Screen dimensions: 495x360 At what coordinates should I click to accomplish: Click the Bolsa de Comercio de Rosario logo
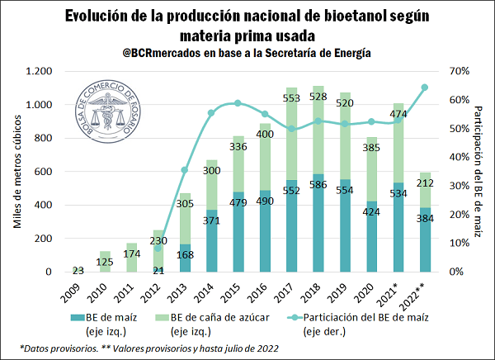pos(108,112)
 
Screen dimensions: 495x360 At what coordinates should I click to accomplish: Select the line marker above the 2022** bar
pos(425,88)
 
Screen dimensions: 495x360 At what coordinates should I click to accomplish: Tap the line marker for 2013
pos(185,170)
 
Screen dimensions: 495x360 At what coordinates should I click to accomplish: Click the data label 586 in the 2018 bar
pos(318,185)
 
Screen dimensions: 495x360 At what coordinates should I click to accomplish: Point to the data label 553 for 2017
pos(291,98)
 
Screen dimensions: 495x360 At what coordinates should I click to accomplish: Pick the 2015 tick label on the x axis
pos(233,293)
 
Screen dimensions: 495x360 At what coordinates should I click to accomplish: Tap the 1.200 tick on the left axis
pos(39,71)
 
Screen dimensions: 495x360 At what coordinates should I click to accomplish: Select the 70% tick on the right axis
pos(460,71)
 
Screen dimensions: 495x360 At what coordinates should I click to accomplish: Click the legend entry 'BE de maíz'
pos(104,324)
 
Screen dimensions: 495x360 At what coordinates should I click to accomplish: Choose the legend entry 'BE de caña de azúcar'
pos(213,324)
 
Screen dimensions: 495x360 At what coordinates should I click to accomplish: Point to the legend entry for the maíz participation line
pos(358,324)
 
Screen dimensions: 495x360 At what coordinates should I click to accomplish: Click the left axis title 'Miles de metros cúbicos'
pos(17,171)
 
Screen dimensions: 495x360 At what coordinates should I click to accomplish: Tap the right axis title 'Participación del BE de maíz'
pos(478,171)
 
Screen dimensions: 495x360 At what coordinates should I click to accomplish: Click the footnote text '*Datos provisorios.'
pos(59,348)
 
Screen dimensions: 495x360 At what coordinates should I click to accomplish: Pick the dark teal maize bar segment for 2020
pos(371,236)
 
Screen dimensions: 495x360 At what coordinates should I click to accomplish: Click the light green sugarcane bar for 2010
pos(105,262)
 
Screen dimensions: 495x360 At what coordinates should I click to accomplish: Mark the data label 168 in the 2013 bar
pos(185,254)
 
